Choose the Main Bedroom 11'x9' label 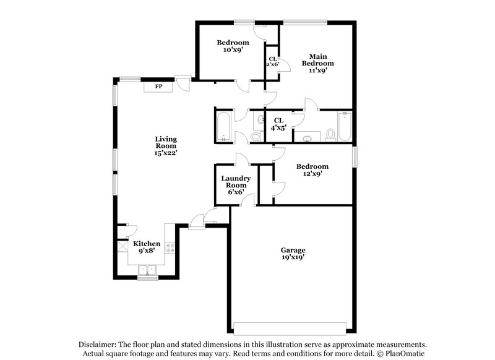(x=317, y=63)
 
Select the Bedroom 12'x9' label (x=312, y=170)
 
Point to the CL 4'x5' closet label (x=278, y=124)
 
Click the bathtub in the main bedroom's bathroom (x=345, y=127)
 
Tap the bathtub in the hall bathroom (x=223, y=127)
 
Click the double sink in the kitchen (x=147, y=269)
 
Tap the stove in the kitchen (x=171, y=249)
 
